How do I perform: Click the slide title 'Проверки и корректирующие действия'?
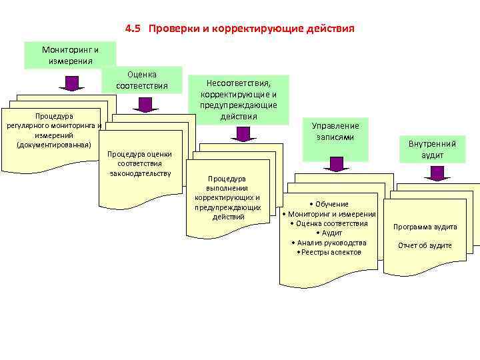252,29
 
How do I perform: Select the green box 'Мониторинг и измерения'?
70,55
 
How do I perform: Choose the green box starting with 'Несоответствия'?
238,99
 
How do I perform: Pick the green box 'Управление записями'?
335,131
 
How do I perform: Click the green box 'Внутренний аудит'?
432,149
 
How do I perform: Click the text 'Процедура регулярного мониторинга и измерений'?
53,130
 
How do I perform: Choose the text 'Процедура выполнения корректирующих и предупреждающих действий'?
227,197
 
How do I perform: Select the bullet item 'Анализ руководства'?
329,243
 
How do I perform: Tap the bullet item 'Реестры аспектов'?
329,252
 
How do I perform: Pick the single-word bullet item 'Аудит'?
329,233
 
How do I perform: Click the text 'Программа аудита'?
425,227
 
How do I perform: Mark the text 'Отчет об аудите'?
425,245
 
